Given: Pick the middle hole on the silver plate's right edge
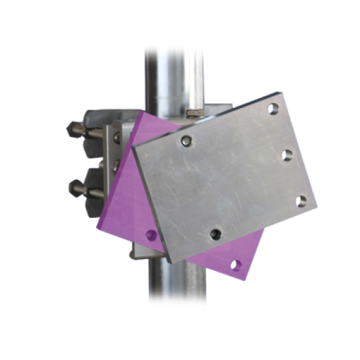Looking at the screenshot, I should tap(287, 154).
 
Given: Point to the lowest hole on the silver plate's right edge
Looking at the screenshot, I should tap(302, 200).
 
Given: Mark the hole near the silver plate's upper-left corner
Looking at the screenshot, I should tap(187, 141).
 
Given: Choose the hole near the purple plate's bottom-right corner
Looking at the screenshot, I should tap(236, 264).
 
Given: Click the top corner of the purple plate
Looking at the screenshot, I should tap(139, 112).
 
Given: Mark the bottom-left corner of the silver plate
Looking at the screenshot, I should tap(168, 261).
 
